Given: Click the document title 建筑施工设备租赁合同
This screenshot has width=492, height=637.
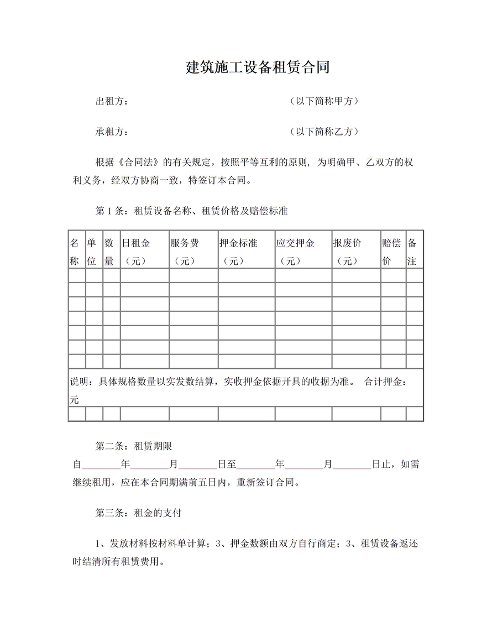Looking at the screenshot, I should (258, 67).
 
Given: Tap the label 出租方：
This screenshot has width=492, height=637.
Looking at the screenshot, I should (113, 102).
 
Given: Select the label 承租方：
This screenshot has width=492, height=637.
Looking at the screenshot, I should (113, 132).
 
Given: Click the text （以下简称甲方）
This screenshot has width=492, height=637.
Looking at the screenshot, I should (324, 102).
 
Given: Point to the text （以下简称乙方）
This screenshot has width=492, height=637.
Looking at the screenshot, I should (324, 132).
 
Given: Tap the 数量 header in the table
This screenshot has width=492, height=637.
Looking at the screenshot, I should (109, 252).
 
